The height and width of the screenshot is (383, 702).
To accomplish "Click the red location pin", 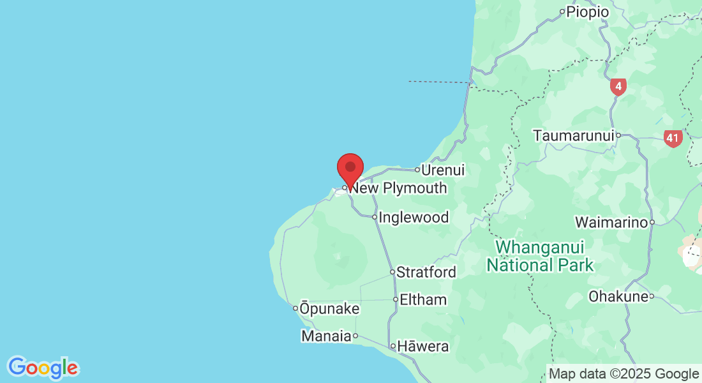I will (350, 168).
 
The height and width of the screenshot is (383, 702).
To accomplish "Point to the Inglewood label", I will (414, 218).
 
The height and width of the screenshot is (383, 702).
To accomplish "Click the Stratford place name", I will (426, 273).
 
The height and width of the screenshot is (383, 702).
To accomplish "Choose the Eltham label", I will (423, 299).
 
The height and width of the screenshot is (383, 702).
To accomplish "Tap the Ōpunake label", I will (329, 309).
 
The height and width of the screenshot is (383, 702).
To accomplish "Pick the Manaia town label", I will (326, 336).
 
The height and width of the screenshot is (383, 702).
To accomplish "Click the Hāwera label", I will (423, 347).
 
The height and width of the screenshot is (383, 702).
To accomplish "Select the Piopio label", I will (588, 11).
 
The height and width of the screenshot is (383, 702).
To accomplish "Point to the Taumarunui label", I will (574, 136).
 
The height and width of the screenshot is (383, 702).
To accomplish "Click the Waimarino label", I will (611, 223).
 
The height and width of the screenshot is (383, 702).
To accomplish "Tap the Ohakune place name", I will (617, 297).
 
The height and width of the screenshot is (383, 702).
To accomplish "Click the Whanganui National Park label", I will (541, 256).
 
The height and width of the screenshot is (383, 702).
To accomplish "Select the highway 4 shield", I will (618, 86).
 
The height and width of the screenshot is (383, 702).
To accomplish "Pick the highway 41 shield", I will (673, 138).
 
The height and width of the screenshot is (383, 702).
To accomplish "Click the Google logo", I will (43, 368).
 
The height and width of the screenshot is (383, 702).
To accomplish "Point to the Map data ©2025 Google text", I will (624, 374).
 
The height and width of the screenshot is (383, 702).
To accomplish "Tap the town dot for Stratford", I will (392, 272).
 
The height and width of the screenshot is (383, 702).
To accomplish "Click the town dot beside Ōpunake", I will (295, 308).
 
